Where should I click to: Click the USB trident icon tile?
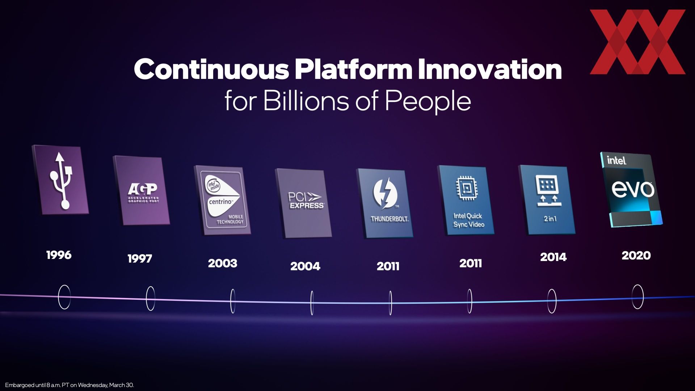[x=60, y=180]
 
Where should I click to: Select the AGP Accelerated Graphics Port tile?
[x=142, y=191]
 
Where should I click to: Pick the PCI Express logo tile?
[x=304, y=203]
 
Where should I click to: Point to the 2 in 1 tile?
[x=547, y=200]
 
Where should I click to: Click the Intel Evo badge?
[x=631, y=190]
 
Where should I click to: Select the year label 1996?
[x=59, y=255]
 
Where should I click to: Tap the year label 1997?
[x=140, y=259]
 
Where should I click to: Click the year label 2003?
[x=223, y=263]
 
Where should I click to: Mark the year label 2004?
[x=305, y=266]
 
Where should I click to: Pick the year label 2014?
[x=553, y=257]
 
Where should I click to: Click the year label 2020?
[x=636, y=256]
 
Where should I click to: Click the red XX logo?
[x=637, y=42]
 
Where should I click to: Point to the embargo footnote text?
[x=69, y=385]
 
